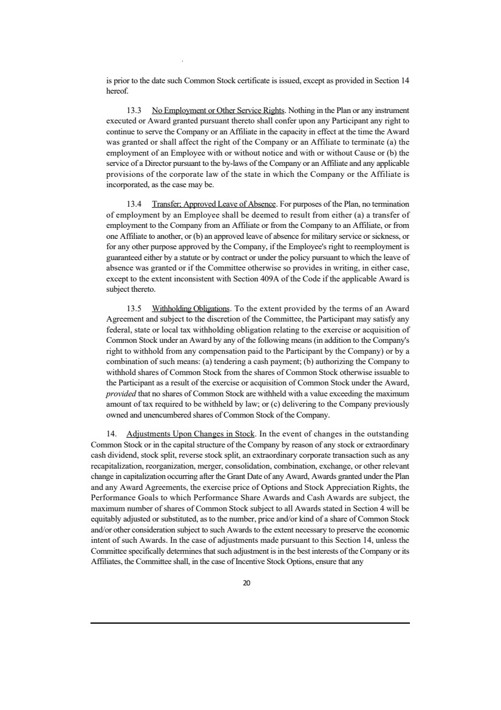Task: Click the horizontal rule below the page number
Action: coord(250,622)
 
